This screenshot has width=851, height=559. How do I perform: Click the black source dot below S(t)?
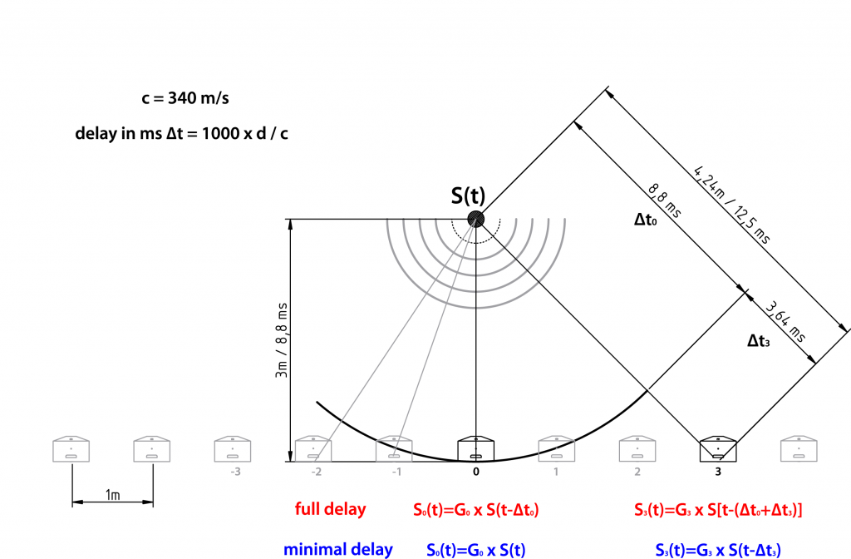tap(476, 219)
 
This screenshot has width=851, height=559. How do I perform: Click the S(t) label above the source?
tap(468, 195)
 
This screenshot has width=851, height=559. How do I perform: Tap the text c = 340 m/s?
tap(185, 98)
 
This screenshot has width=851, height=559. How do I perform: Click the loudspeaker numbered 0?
tap(476, 448)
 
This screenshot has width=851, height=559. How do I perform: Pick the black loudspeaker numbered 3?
tap(718, 448)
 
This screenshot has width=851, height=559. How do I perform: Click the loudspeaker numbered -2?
tap(313, 448)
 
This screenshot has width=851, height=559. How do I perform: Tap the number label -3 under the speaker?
tap(235, 472)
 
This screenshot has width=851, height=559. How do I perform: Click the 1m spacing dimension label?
tap(112, 495)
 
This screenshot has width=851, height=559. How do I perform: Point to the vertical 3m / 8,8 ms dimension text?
tap(282, 340)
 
